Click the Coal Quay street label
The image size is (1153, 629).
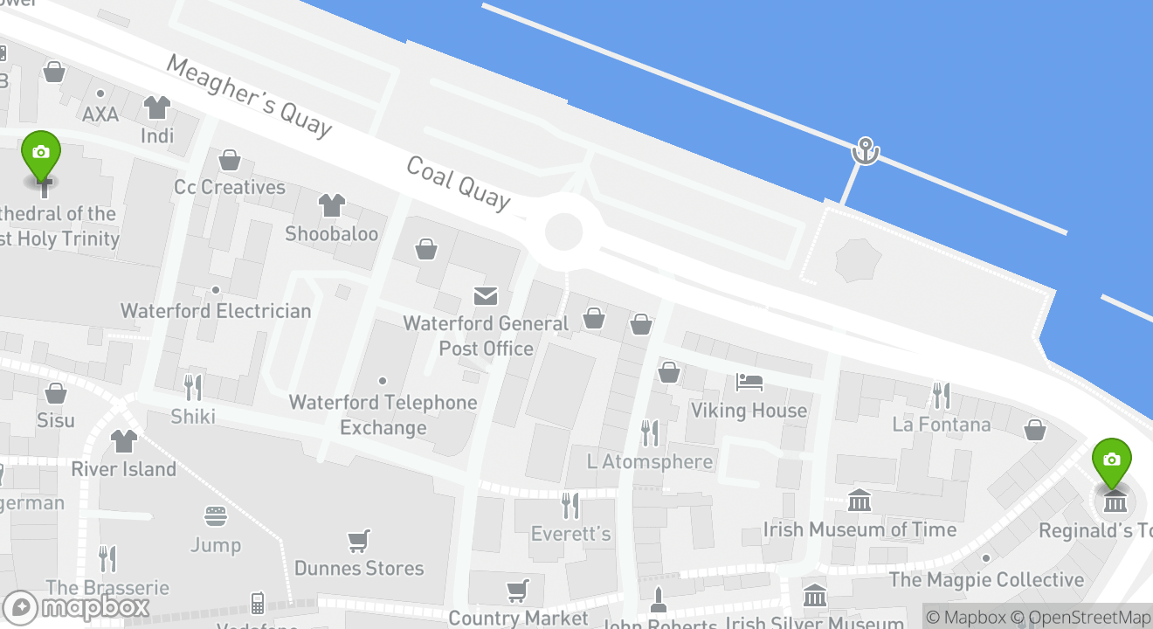coord(458,184)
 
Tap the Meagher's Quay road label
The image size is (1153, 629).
coord(249,96)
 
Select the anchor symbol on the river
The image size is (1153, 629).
coord(865,150)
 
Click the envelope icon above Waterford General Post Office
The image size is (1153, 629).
coord(486,296)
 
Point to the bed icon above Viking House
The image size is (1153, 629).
coord(749,382)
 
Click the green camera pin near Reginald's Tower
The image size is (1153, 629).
coord(1111,461)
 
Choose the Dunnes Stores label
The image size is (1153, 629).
coord(359,568)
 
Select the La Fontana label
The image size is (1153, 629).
coord(942,425)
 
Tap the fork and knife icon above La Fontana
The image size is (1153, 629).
coord(941,396)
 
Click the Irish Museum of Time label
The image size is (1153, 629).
coord(860,529)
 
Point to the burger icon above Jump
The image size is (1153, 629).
coord(216,516)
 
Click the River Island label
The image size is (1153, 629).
coord(123,469)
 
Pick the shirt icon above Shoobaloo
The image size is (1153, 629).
coord(331,205)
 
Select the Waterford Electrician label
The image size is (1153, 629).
coord(216,311)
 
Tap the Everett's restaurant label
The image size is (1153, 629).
coord(571,533)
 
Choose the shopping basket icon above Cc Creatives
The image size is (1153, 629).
coord(230,160)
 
